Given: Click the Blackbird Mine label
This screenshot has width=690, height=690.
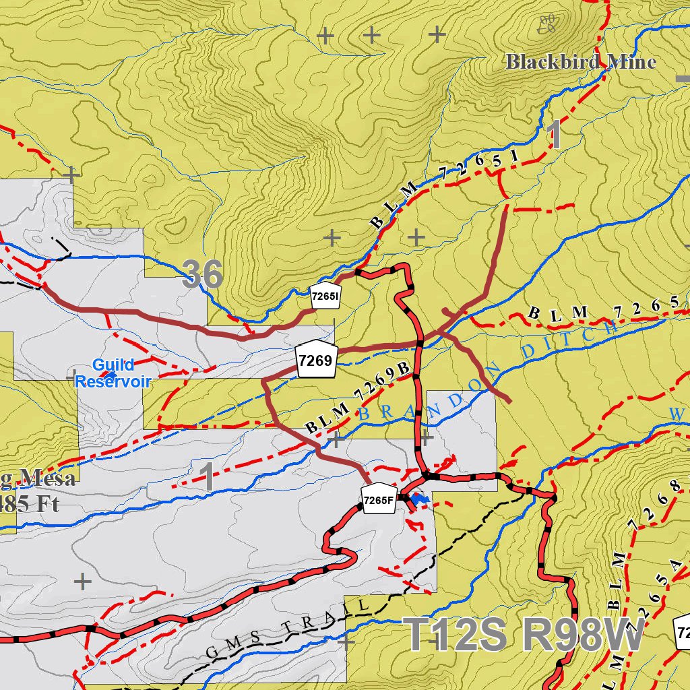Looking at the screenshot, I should pyautogui.click(x=581, y=62).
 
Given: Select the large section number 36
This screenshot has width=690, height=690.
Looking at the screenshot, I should pyautogui.click(x=203, y=275).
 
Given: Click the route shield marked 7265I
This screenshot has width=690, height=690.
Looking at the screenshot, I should pyautogui.click(x=324, y=296).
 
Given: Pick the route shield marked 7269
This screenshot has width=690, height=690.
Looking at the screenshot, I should pyautogui.click(x=315, y=360).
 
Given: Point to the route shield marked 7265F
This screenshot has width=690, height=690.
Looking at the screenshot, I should pyautogui.click(x=377, y=499).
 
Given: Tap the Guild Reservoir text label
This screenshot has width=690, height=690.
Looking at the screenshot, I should pyautogui.click(x=113, y=373).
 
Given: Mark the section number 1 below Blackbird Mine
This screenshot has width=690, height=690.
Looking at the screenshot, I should pyautogui.click(x=556, y=135).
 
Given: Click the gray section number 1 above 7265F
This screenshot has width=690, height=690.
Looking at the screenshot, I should pyautogui.click(x=209, y=476).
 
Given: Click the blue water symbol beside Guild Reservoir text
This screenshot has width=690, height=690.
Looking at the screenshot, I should pyautogui.click(x=108, y=375).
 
